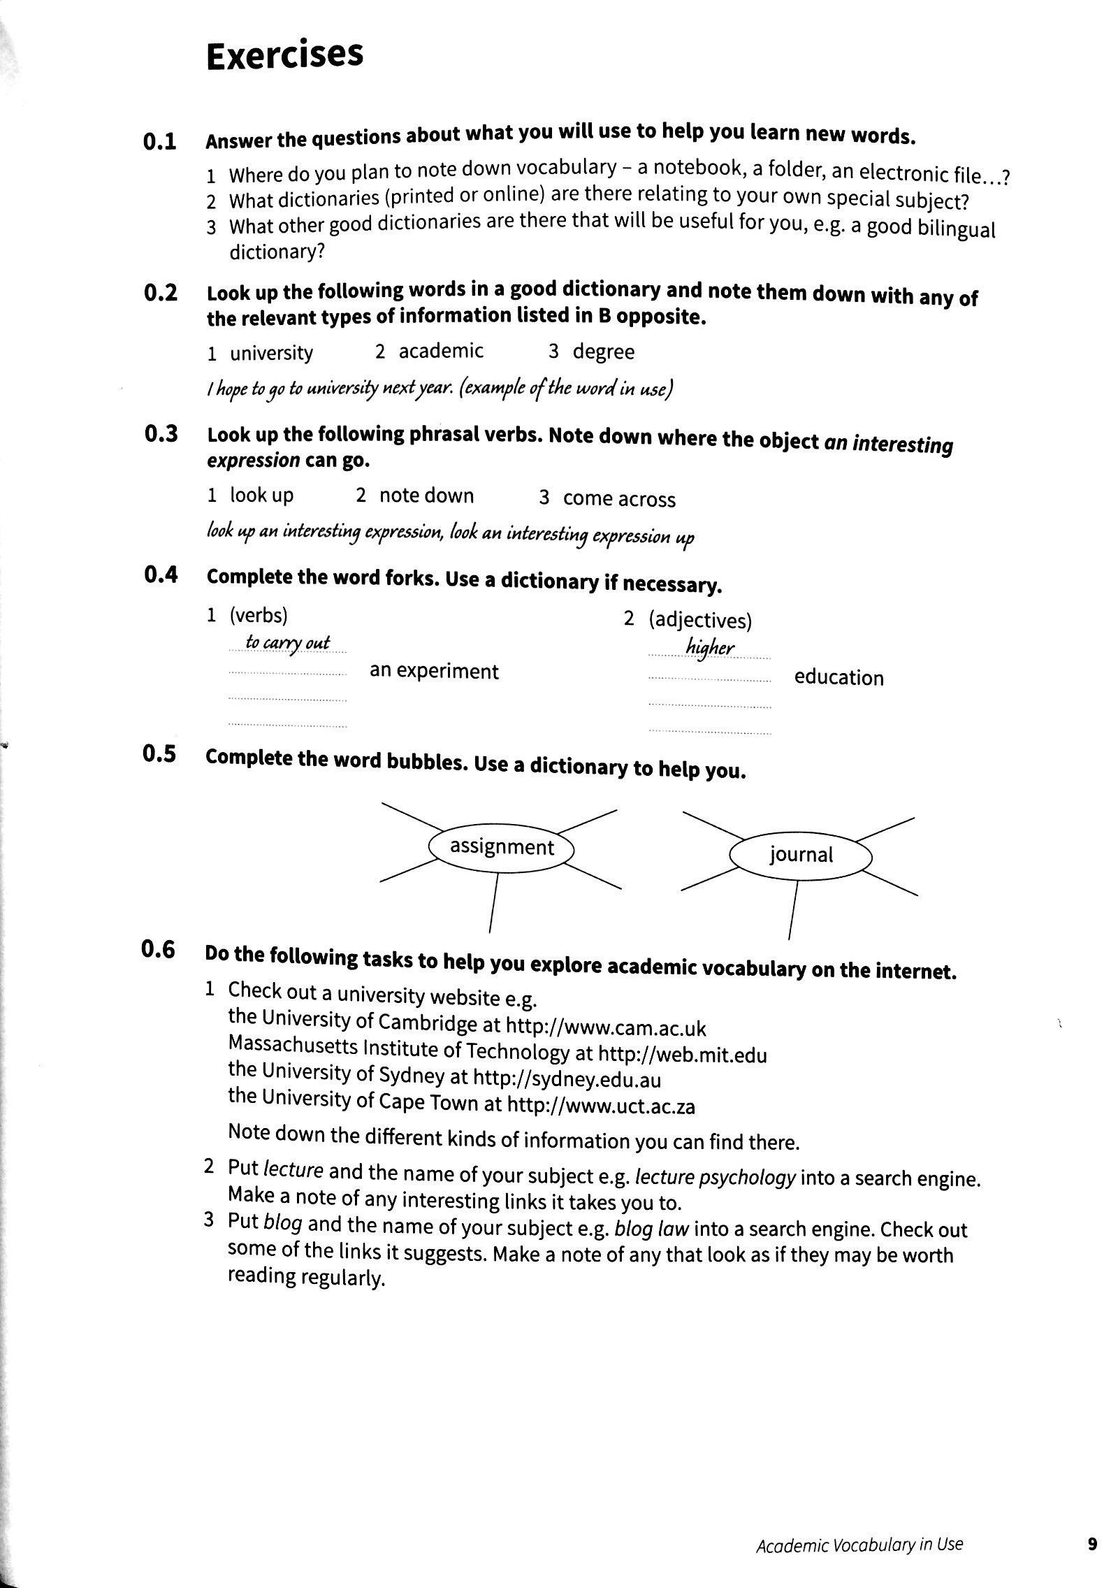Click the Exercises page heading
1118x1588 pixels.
(x=284, y=55)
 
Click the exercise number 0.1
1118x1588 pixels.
(x=160, y=142)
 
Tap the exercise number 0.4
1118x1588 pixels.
(x=160, y=575)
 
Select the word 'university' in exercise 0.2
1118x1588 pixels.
(x=271, y=353)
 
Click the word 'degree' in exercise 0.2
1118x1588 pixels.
(x=603, y=352)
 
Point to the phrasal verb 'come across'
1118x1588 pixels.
(x=618, y=499)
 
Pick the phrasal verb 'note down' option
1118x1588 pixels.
(x=426, y=496)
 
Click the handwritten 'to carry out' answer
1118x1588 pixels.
(x=287, y=643)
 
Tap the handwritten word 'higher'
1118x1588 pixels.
(x=710, y=648)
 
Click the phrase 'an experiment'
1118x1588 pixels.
(x=434, y=671)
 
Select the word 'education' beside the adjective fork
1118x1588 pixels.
(x=838, y=678)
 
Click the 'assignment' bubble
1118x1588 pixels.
(x=501, y=847)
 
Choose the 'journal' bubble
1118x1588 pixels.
(x=801, y=855)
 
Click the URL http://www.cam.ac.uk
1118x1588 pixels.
(x=605, y=1027)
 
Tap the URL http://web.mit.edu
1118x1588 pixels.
(x=683, y=1053)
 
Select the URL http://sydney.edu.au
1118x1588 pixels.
(x=567, y=1079)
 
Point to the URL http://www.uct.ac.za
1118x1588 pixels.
(x=600, y=1106)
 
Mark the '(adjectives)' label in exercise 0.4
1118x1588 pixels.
(x=699, y=620)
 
